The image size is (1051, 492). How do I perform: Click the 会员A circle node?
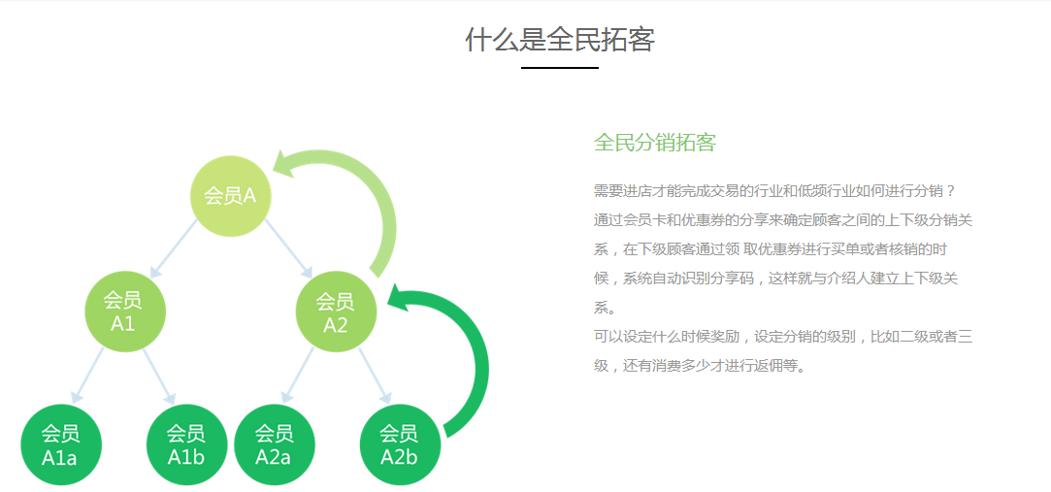click(x=231, y=196)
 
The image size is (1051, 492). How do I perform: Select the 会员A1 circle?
click(x=124, y=312)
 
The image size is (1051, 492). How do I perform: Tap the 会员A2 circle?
click(x=337, y=312)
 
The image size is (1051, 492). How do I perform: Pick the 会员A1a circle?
click(x=61, y=444)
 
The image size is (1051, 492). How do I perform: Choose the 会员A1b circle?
click(x=187, y=444)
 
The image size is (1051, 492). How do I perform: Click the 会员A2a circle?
click(x=275, y=444)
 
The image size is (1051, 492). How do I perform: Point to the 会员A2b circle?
click(x=400, y=444)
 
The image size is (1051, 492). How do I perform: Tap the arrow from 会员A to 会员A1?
click(x=175, y=248)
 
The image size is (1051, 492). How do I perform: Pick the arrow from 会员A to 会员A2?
click(x=288, y=248)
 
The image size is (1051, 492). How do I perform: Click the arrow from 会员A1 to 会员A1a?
click(x=87, y=376)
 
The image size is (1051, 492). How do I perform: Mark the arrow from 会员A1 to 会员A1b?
click(x=159, y=377)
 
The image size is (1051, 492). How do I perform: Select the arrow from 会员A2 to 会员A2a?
click(x=297, y=376)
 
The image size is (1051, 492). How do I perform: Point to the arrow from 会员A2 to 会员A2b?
click(x=374, y=377)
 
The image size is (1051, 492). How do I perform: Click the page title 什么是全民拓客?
click(x=560, y=40)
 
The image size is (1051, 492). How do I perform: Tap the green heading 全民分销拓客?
click(x=655, y=143)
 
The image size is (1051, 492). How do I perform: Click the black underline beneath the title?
click(x=560, y=68)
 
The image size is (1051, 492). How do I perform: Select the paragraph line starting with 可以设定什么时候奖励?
click(x=783, y=337)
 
